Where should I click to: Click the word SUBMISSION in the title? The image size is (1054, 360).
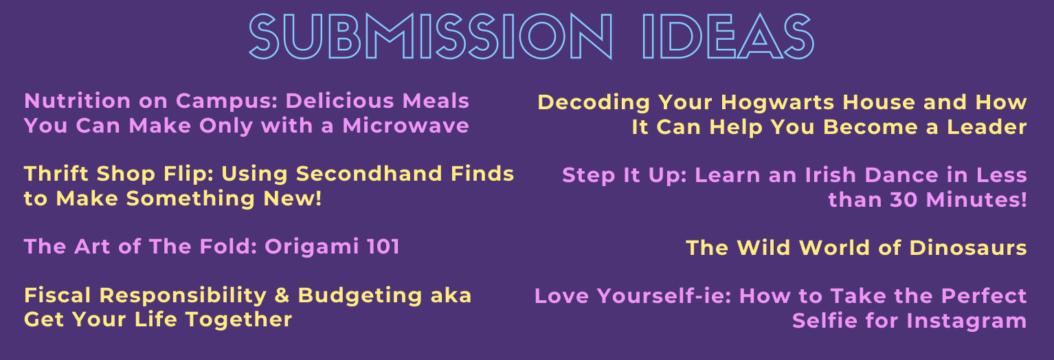[431, 36]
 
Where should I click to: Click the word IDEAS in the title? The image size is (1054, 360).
[728, 36]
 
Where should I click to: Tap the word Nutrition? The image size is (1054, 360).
[77, 101]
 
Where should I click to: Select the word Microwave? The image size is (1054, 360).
[405, 126]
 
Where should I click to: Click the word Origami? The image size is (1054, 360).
[311, 247]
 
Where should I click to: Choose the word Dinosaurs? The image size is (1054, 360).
[968, 248]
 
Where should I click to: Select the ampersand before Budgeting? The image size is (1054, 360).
[282, 295]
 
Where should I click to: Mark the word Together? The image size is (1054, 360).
[239, 320]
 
